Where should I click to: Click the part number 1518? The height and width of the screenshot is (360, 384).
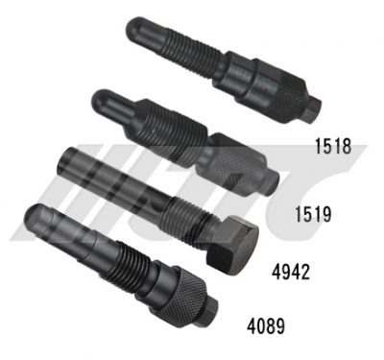point(333,147)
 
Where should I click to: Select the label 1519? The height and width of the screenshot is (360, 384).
point(312,214)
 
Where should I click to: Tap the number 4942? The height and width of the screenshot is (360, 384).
point(291,273)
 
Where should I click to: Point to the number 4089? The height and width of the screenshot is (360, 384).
point(266,327)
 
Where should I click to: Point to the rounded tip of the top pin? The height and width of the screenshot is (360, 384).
point(136,28)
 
